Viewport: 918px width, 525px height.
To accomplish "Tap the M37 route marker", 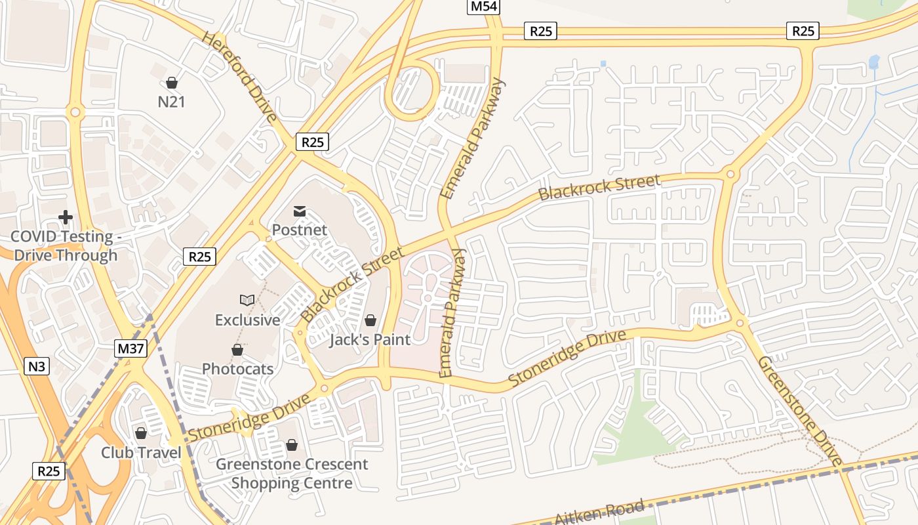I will pyautogui.click(x=131, y=348).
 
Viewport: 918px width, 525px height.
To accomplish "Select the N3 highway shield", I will pyautogui.click(x=37, y=366).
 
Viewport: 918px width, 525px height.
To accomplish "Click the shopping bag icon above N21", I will pyautogui.click(x=172, y=83).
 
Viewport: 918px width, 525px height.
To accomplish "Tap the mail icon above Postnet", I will pyautogui.click(x=300, y=211).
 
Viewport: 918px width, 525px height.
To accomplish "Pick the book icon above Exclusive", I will pyautogui.click(x=247, y=300).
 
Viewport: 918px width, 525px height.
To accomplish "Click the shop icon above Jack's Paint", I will pyautogui.click(x=370, y=320).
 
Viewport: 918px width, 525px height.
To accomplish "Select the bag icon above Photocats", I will pyautogui.click(x=237, y=350).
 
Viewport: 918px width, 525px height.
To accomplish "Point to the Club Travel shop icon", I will pyautogui.click(x=141, y=433).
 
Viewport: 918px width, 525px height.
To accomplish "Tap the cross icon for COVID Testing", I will pyautogui.click(x=66, y=217).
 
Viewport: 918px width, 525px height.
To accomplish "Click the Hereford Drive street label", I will pyautogui.click(x=239, y=76).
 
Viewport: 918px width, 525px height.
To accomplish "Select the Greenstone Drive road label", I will pyautogui.click(x=800, y=411).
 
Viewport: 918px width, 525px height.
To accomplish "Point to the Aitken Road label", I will pyautogui.click(x=599, y=511).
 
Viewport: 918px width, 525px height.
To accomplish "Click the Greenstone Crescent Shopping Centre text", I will pyautogui.click(x=292, y=474).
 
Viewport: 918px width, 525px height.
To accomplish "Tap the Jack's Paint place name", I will pyautogui.click(x=370, y=339).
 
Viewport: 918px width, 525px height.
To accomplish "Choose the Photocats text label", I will pyautogui.click(x=237, y=369).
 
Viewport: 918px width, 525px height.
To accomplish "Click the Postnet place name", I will pyautogui.click(x=300, y=230).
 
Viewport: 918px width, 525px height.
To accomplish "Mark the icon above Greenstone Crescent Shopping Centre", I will pyautogui.click(x=292, y=446).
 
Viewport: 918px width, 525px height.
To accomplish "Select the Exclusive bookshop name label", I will pyautogui.click(x=248, y=320).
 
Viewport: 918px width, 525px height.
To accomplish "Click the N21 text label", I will pyautogui.click(x=172, y=102).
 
